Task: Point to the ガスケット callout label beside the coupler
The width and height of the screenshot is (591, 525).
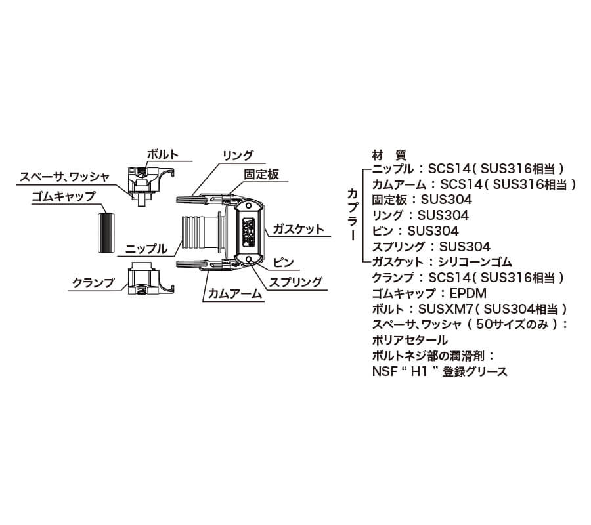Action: tap(297, 229)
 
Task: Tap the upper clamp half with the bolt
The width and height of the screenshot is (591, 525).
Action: tap(149, 184)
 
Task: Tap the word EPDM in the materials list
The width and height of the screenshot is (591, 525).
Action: tap(468, 293)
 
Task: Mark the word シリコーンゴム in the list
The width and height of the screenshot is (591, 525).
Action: tap(475, 262)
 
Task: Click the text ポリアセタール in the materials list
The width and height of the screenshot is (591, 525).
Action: tap(409, 340)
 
